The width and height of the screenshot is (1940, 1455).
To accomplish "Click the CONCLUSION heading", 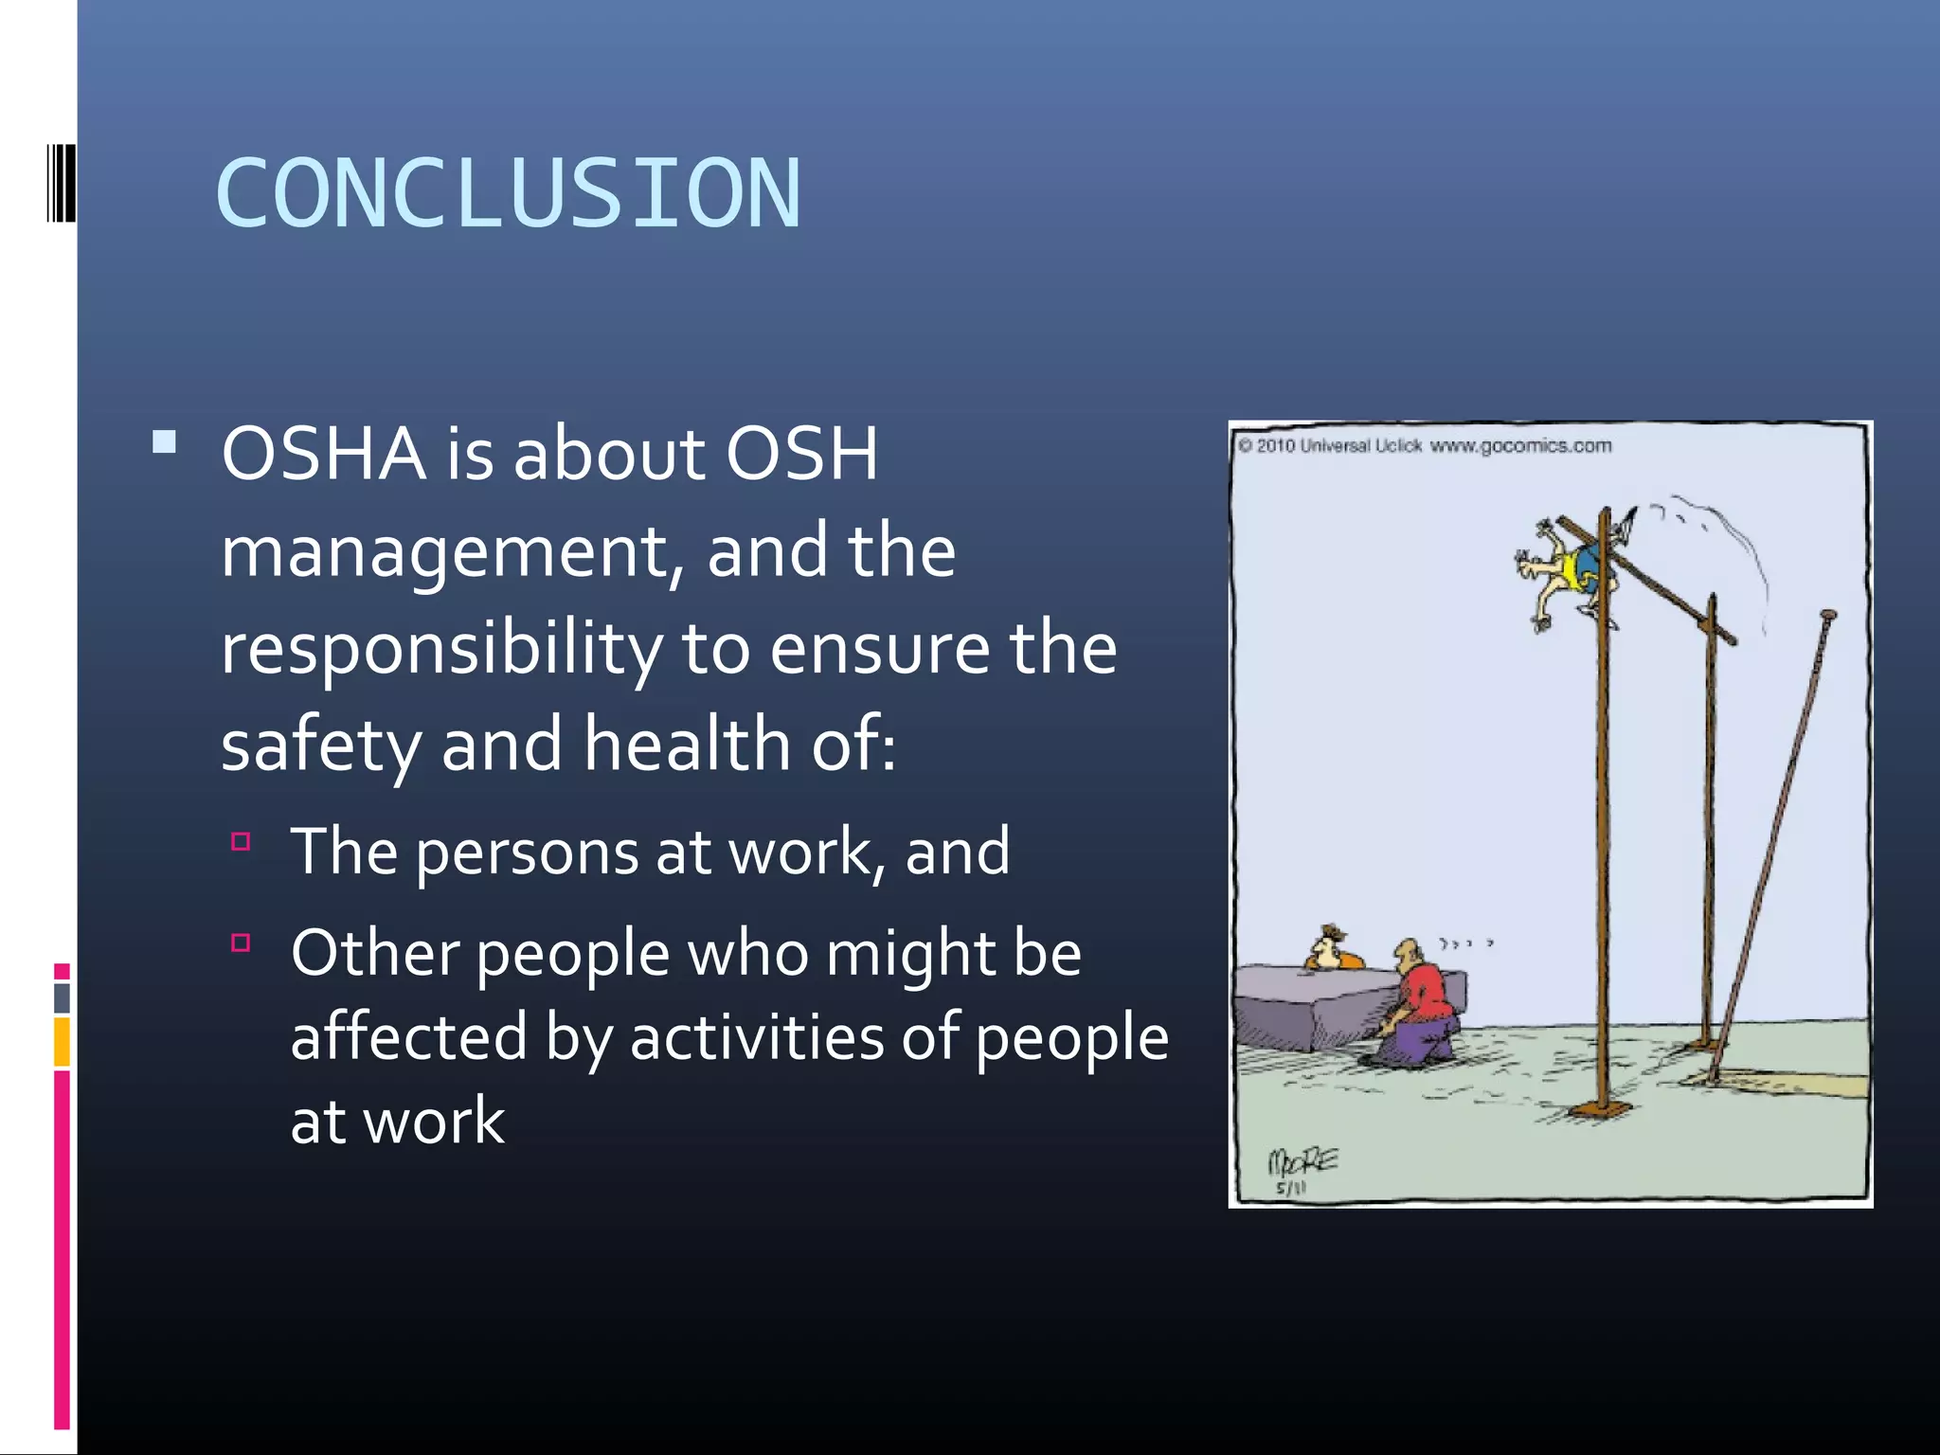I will (x=509, y=194).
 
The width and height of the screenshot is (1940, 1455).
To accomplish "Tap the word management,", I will (x=453, y=553).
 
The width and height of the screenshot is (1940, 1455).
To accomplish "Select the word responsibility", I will (x=440, y=651).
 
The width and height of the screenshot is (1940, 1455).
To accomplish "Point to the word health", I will (x=686, y=745).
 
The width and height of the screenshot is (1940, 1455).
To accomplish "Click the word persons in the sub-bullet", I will (x=527, y=853).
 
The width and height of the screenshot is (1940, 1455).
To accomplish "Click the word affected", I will (x=408, y=1037).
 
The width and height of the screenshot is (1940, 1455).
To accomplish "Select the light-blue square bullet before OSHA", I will (x=165, y=442).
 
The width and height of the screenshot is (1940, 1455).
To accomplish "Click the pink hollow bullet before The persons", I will (x=241, y=840).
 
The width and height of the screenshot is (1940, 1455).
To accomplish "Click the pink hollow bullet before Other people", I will (x=241, y=942).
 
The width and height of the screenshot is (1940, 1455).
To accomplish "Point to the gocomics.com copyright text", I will (x=1425, y=446).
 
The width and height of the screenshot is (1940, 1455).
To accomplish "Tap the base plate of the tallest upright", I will (x=1600, y=1110).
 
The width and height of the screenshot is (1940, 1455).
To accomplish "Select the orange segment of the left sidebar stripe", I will (x=62, y=1041).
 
